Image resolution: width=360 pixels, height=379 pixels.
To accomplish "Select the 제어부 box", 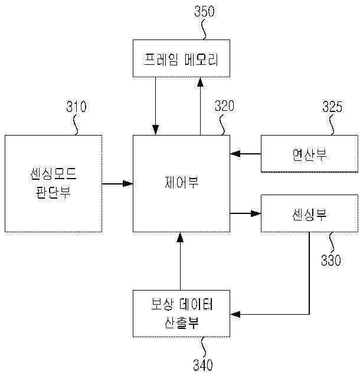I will tap(181, 183).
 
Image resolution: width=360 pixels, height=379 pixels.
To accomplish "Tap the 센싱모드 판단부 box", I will tap(53, 183).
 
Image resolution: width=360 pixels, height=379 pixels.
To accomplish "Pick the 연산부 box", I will tap(309, 154).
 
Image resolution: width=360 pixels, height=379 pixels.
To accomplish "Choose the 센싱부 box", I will tap(309, 213).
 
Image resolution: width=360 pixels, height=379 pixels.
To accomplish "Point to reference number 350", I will tap(204, 11).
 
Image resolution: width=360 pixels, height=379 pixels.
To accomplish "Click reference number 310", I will tap(76, 107).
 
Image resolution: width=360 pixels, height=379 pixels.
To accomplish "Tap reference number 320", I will tap(224, 107).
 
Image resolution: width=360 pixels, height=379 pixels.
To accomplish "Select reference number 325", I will tap(332, 107).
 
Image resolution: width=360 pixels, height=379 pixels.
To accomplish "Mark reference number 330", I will tap(330, 260).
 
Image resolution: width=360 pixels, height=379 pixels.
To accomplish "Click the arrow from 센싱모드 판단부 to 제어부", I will tap(117, 184).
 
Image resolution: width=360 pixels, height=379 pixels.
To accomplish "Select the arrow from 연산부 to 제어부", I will tap(245, 154).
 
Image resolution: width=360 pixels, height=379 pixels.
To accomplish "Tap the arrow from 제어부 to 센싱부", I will tap(245, 213).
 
